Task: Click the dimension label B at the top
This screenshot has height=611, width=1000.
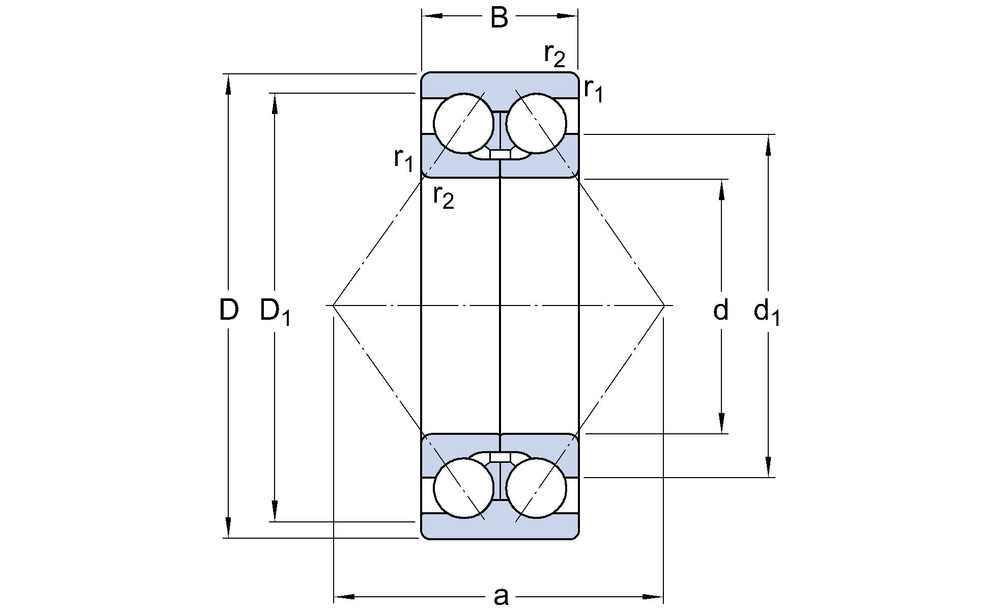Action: click(499, 18)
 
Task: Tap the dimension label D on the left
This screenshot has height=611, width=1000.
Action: click(229, 310)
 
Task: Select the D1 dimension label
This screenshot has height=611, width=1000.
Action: click(276, 311)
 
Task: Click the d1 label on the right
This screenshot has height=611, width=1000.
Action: click(767, 312)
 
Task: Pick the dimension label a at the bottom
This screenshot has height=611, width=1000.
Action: click(500, 597)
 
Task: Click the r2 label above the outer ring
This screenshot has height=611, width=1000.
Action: click(555, 54)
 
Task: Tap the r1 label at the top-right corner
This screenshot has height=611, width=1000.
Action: click(593, 93)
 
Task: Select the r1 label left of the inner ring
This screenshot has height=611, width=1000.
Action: click(404, 158)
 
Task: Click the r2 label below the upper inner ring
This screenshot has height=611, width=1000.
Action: click(443, 196)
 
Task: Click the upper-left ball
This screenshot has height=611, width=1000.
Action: click(461, 126)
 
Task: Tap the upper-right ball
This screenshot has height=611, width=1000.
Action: click(537, 126)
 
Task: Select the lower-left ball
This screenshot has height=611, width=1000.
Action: click(461, 487)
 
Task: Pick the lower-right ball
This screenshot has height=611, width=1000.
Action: click(537, 487)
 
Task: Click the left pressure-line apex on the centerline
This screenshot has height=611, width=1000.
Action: click(333, 304)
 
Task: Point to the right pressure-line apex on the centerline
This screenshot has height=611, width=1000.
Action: click(666, 304)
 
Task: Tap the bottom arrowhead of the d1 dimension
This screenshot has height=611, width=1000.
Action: click(768, 470)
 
